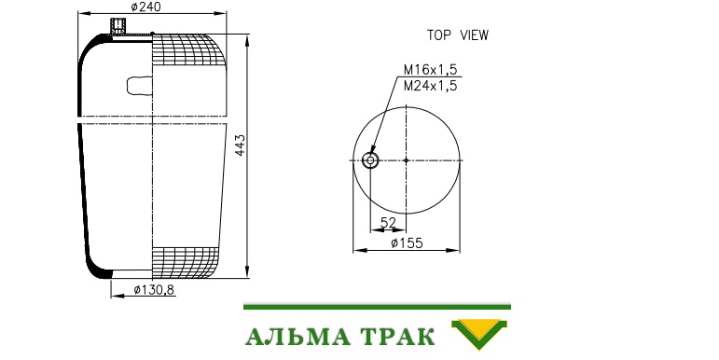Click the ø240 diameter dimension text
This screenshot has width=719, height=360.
tap(145, 7)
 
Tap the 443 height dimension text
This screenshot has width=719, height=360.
tap(241, 145)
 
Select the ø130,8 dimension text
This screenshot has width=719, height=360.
tap(154, 290)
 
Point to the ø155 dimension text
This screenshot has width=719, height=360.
tap(407, 243)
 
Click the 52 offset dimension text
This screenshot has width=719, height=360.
tap(388, 222)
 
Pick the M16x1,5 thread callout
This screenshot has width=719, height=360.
tap(430, 70)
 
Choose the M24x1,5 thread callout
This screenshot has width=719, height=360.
tap(430, 86)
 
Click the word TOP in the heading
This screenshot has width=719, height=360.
tap(439, 35)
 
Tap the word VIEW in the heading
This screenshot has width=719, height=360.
tap(475, 35)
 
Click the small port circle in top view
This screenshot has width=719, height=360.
tap(370, 160)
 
